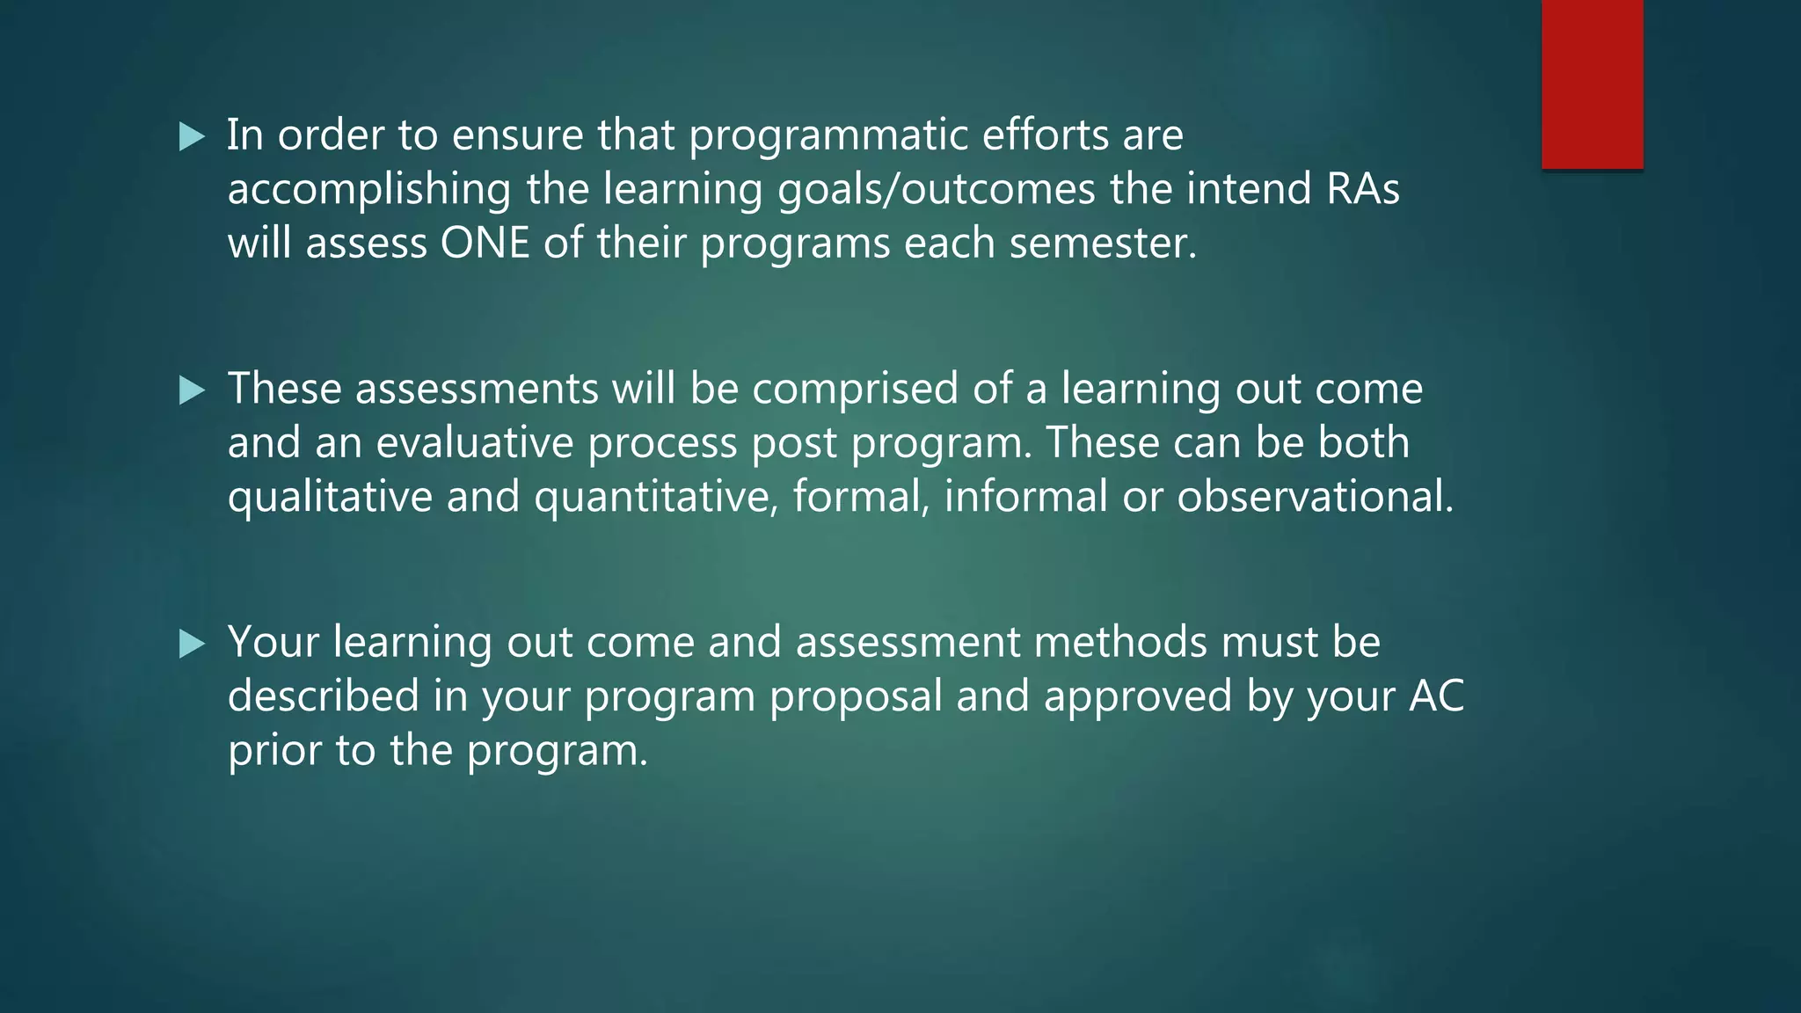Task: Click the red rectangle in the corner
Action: [1592, 84]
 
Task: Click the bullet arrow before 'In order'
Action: [192, 136]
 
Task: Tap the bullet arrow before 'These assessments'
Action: [192, 390]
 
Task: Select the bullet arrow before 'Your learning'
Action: [192, 644]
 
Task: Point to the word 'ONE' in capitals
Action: [485, 243]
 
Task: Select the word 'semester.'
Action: [1103, 244]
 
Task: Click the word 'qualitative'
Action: [330, 497]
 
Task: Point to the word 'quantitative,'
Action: [656, 497]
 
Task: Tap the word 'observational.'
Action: [1315, 497]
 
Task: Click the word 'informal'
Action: [1025, 497]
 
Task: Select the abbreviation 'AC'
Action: [1436, 696]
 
